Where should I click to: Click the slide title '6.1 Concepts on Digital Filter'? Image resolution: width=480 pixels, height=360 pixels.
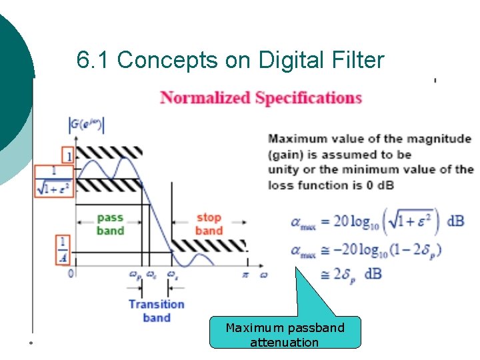(x=231, y=61)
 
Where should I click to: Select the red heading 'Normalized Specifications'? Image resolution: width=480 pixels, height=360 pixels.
(x=261, y=98)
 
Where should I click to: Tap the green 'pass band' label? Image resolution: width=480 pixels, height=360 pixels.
(x=110, y=224)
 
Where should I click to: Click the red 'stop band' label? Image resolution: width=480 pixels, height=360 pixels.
(x=209, y=224)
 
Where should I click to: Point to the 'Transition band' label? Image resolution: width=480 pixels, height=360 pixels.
(x=156, y=311)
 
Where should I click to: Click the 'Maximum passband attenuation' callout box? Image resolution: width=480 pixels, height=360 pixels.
(x=285, y=335)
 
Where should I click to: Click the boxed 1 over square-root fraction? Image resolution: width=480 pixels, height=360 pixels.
(x=54, y=181)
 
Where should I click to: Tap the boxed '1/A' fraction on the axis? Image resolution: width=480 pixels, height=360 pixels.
(x=62, y=249)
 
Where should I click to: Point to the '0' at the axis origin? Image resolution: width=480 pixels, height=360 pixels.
(x=71, y=273)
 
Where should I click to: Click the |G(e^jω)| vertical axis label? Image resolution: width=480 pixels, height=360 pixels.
(x=87, y=124)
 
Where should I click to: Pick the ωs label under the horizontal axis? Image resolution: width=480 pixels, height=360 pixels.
(x=172, y=274)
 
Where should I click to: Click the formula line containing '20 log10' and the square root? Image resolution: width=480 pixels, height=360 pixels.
(x=377, y=221)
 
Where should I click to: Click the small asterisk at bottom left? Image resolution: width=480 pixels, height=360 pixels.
(x=31, y=343)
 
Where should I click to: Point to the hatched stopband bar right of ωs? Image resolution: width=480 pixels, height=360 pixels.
(x=208, y=245)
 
